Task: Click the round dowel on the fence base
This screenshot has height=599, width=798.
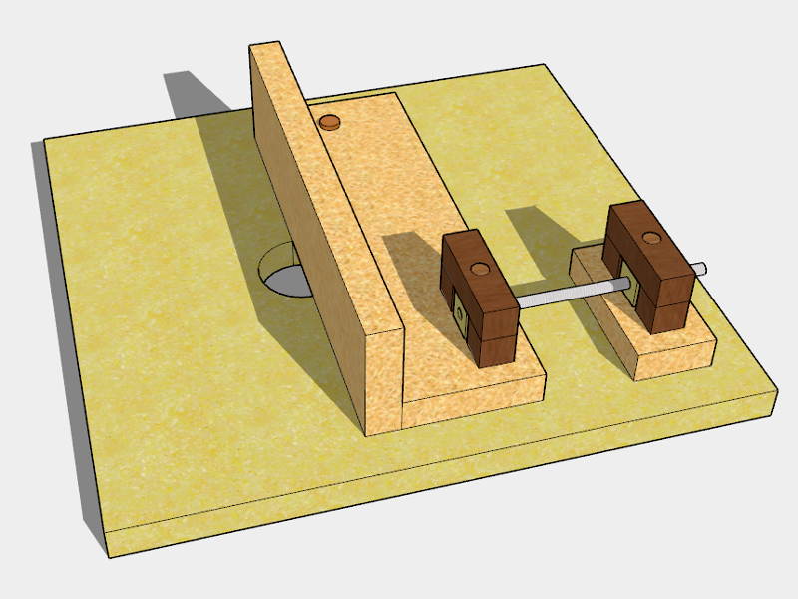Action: click(328, 122)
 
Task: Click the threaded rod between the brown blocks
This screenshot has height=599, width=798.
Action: click(570, 294)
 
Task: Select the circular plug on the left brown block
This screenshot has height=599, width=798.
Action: click(479, 270)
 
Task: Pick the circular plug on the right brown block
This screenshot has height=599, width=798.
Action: click(650, 238)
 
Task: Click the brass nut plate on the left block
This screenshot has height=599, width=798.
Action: click(460, 314)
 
